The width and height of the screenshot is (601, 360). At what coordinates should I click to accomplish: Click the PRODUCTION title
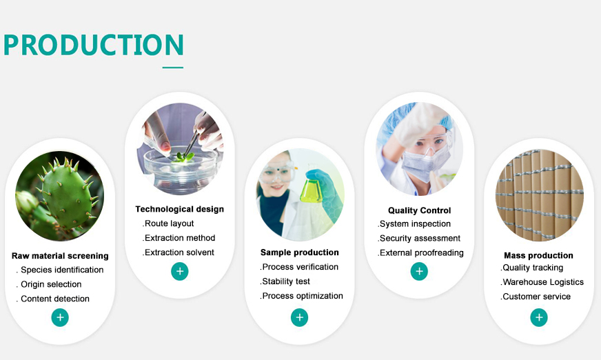point(94,45)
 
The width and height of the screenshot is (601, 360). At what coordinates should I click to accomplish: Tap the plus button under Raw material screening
point(60,317)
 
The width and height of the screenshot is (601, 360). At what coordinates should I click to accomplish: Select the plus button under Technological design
point(180,272)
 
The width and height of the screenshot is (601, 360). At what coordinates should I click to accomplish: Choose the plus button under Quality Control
point(419,272)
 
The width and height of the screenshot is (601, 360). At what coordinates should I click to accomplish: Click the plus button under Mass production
point(539,317)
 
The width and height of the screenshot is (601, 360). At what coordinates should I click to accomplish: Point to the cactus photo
point(60,196)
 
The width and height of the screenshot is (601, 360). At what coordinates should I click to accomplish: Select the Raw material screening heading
point(60,256)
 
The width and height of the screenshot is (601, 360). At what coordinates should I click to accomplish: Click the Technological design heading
point(179,209)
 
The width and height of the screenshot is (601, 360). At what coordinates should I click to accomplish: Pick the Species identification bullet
point(60,270)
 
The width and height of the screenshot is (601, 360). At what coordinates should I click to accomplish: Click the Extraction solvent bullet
point(179,252)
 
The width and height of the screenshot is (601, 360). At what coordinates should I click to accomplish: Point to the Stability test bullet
point(285,281)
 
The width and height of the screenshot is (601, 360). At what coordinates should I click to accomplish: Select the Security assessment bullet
point(419,239)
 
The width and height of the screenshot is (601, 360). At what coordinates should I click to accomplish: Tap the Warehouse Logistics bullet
point(542,282)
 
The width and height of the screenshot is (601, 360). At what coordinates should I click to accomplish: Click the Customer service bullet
point(536,297)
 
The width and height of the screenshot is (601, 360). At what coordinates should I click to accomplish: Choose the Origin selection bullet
point(49,284)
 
